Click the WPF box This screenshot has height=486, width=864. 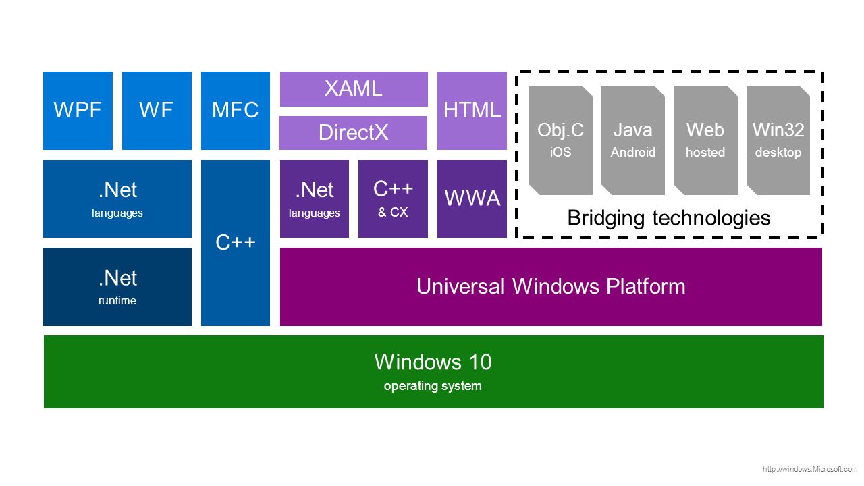pos(78,111)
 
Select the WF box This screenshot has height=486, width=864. pos(157,111)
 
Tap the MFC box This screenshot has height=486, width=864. pos(236,111)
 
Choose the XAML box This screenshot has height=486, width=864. pos(354,89)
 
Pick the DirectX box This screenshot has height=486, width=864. pos(353,133)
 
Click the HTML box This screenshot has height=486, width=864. pos(472,111)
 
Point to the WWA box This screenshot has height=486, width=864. pos(472,198)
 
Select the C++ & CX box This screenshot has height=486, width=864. pos(393,198)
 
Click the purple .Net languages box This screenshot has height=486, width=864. pos(315,198)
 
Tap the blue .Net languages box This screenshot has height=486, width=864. pos(117,198)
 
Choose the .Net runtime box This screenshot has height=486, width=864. pos(117,287)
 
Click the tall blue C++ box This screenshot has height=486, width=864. pos(236,243)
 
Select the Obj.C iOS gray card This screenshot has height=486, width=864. pos(560,140)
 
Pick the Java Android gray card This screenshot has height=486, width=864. pos(633,140)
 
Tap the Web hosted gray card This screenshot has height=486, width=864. pos(705,140)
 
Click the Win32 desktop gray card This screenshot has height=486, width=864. pos(778,140)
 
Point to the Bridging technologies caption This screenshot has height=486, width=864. pos(669,218)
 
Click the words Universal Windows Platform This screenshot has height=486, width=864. pos(551,287)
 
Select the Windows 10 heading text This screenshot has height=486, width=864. pos(433,362)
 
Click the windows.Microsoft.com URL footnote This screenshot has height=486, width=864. pos(810,469)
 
